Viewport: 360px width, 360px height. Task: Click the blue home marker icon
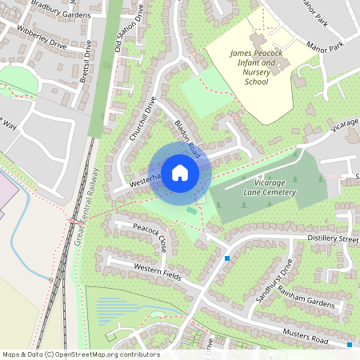180,172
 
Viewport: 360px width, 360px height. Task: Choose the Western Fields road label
158,272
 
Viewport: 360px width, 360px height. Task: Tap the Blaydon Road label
186,138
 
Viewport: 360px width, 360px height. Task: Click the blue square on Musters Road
350,345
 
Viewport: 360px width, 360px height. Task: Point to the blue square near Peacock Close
227,258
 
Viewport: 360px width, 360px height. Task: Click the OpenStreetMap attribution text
81,354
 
